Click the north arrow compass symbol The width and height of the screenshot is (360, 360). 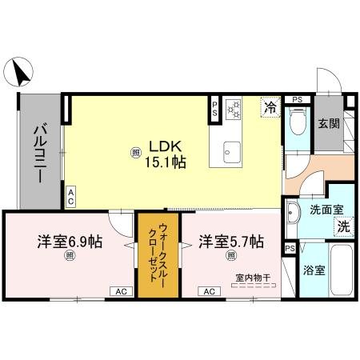[x=20, y=74]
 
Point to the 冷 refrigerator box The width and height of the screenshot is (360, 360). [x=270, y=106]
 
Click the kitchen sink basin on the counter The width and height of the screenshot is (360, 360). [x=231, y=150]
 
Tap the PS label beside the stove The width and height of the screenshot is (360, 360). [x=214, y=109]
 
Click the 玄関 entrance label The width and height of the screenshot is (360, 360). [x=328, y=124]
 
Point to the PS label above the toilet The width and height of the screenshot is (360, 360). [x=297, y=99]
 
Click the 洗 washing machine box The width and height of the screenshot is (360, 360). [x=342, y=226]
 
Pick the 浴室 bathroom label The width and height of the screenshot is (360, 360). [x=315, y=270]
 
